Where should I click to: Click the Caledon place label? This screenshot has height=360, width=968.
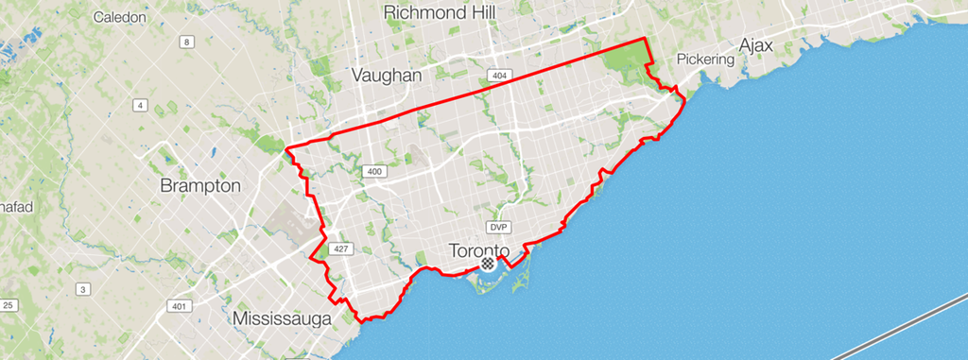tap(121, 17)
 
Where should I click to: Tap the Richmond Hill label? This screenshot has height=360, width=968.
tap(440, 12)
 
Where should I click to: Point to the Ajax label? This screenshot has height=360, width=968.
tap(756, 44)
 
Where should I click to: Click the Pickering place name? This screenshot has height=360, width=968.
tap(705, 59)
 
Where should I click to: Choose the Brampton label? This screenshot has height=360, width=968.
tap(200, 185)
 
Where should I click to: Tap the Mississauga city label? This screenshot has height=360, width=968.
tap(282, 318)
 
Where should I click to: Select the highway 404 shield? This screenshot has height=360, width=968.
tap(498, 74)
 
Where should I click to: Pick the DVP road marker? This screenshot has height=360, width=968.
tap(499, 228)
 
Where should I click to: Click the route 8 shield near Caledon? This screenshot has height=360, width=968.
tap(188, 42)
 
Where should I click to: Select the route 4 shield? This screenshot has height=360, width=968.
tap(141, 105)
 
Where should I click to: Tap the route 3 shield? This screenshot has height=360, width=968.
tap(83, 288)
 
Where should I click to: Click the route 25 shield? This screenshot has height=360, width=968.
tap(9, 304)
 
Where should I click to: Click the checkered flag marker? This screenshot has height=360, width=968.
tap(488, 266)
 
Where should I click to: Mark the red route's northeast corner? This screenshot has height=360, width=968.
tap(646, 39)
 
